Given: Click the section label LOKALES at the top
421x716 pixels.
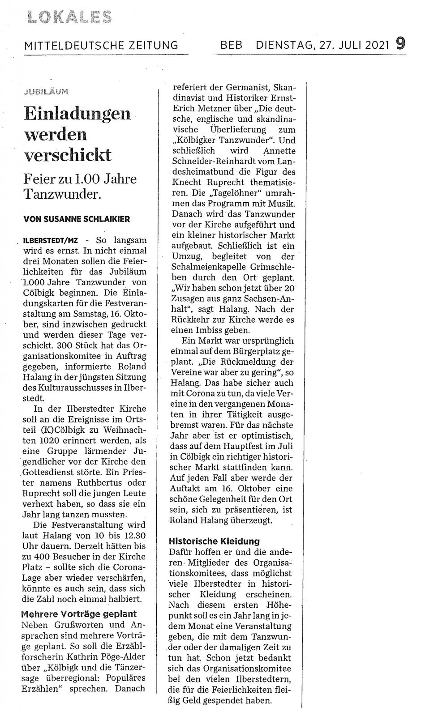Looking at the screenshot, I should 69,17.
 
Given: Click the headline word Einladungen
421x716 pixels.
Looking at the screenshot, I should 77,113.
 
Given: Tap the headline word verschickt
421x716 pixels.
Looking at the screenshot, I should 67,155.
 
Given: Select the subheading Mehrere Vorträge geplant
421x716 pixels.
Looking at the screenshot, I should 79,614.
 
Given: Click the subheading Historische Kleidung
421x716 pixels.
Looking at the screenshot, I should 214,541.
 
